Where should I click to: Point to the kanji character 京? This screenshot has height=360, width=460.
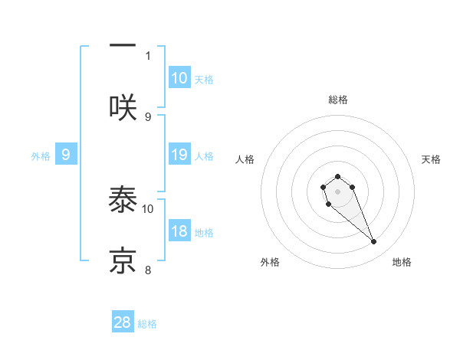tap(123, 260)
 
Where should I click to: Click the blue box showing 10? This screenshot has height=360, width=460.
tap(179, 78)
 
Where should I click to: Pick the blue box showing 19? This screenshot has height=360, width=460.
tap(179, 155)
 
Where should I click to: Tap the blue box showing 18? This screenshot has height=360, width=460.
tap(179, 231)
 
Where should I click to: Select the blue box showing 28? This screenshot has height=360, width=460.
tap(123, 322)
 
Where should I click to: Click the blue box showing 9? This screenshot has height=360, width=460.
tap(66, 155)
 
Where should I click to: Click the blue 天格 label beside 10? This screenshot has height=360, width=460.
tap(203, 80)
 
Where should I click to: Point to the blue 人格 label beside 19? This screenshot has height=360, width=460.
tap(203, 156)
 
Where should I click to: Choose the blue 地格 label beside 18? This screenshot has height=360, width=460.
tap(203, 233)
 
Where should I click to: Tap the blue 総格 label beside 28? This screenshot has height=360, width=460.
tap(147, 324)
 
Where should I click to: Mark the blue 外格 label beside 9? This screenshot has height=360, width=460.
tap(41, 156)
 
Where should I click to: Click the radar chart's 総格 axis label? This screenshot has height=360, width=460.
tap(338, 100)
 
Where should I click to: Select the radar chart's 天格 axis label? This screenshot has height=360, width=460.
tap(431, 159)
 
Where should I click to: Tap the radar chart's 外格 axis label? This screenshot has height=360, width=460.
tap(270, 262)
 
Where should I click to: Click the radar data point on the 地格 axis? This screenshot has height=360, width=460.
tap(373, 242)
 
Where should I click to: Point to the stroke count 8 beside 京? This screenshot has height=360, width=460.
tap(148, 269)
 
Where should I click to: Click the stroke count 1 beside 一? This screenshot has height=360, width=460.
tap(148, 55)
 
